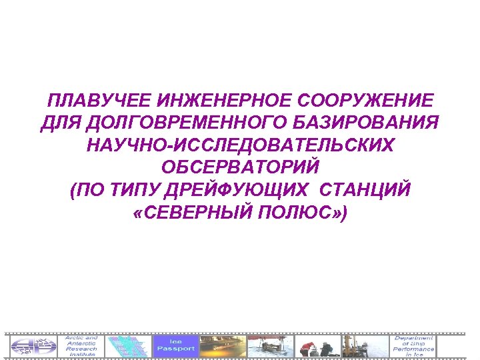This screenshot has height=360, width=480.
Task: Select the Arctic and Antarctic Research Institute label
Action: click(81, 345)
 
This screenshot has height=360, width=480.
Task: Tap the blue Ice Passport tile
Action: click(176, 345)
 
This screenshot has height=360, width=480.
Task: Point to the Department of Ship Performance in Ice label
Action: click(413, 345)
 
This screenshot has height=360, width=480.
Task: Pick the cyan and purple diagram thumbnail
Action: click(128, 345)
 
